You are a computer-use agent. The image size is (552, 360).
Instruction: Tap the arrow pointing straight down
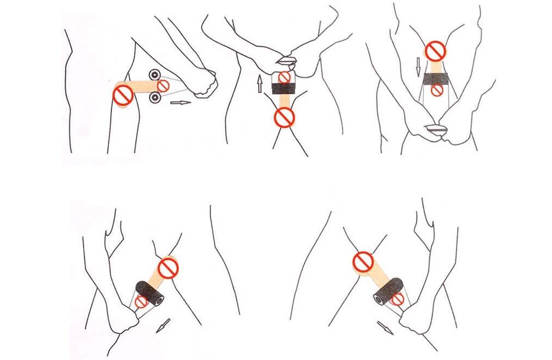click(x=418, y=66)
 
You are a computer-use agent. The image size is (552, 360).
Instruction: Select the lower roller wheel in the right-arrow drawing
click(x=155, y=98)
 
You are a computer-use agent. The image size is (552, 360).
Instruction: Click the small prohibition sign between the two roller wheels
click(x=163, y=86)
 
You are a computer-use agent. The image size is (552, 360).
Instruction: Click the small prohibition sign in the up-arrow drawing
click(x=284, y=77)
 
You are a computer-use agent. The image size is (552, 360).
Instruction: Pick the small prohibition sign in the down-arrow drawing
click(x=437, y=91)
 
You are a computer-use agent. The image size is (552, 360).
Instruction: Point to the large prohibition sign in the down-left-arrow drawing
click(x=168, y=268)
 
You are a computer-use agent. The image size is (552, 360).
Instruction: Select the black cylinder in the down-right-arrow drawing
click(x=388, y=292)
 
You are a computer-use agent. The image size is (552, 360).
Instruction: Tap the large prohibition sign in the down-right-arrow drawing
click(x=363, y=262)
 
